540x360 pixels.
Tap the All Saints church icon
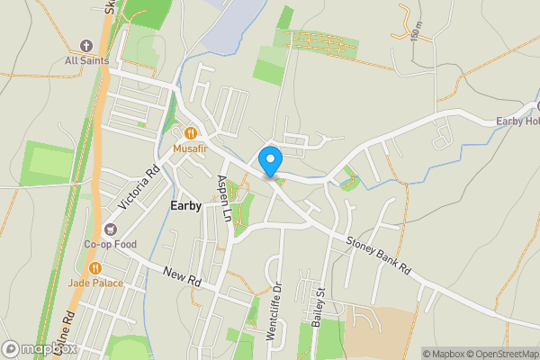(87, 46)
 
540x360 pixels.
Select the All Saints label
(87, 61)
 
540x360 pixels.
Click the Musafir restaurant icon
(191, 131)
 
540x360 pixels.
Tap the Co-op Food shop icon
(110, 229)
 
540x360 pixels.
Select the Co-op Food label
(110, 244)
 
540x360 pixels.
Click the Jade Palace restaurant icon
(94, 268)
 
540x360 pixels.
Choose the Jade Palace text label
(94, 283)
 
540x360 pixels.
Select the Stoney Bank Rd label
(379, 255)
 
